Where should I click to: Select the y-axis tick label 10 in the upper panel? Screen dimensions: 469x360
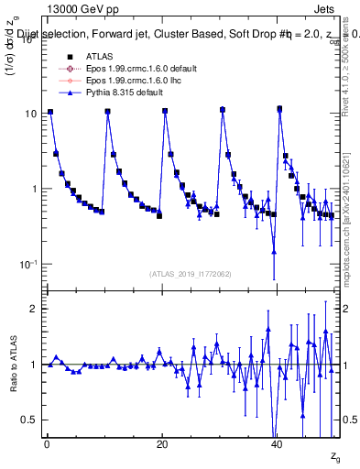pos(28,114)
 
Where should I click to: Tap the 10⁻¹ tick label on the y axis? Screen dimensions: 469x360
pos(26,265)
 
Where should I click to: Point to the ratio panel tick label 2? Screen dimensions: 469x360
pos(32,309)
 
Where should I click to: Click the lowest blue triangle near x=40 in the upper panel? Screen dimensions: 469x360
pos(274,251)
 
